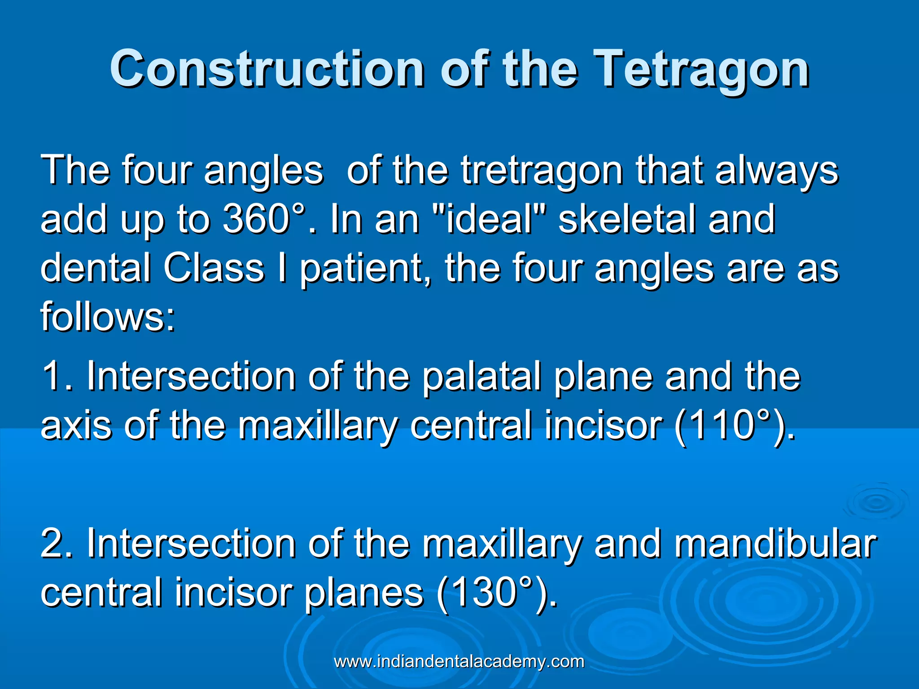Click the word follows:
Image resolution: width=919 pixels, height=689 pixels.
pyautogui.click(x=108, y=316)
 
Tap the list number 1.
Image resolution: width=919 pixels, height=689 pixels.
pyautogui.click(x=56, y=376)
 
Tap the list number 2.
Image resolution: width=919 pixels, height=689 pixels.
pyautogui.click(x=56, y=544)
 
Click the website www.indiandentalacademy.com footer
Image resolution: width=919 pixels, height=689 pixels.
pyautogui.click(x=459, y=662)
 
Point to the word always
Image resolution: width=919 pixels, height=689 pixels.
pyautogui.click(x=776, y=170)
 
